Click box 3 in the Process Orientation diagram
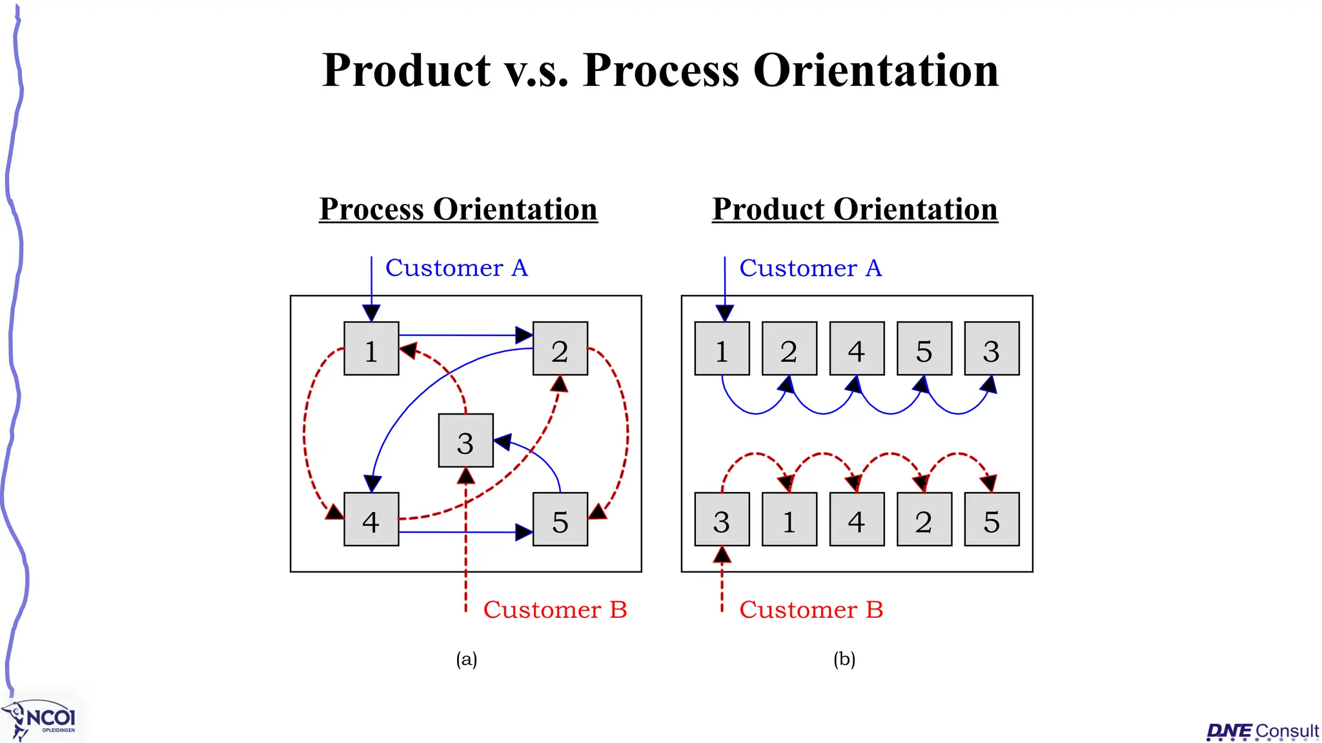(465, 441)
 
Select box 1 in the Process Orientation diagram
(371, 348)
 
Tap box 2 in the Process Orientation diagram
(560, 348)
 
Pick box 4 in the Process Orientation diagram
(371, 519)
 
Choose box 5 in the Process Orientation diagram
(560, 519)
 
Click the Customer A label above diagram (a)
(456, 268)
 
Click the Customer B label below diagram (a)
(555, 609)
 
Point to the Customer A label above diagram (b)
(810, 268)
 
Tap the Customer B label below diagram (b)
(811, 609)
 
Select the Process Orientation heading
(458, 209)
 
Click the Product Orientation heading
(855, 209)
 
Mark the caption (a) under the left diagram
(467, 659)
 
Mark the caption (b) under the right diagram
(844, 659)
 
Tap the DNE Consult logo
(1263, 731)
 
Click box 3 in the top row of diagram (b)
(991, 348)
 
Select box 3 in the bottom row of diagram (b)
(722, 519)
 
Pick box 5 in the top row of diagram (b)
(924, 348)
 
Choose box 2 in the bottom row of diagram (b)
(924, 519)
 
